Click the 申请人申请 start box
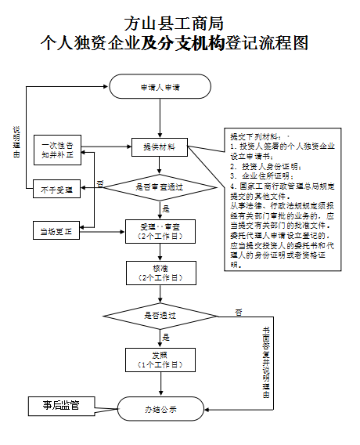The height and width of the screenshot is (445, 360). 160,87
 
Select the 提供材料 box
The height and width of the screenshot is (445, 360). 160,146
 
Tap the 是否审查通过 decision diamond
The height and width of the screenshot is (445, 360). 160,187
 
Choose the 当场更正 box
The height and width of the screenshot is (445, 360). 57,231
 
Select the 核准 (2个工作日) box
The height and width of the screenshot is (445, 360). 160,272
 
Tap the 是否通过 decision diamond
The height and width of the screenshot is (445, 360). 160,315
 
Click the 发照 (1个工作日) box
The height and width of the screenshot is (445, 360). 160,360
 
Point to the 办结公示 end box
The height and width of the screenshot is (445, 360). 160,409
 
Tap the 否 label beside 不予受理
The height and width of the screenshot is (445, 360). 99,183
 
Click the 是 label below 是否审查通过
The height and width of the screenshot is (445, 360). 166,208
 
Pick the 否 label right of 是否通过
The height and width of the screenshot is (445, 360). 239,312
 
